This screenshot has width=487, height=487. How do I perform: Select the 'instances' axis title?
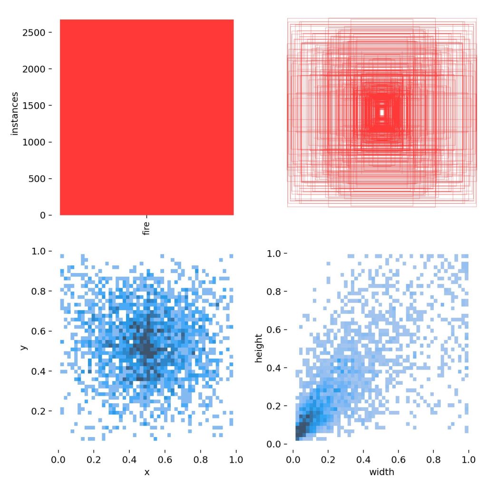pyautogui.click(x=15, y=113)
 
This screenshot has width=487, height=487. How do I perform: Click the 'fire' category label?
pyautogui.click(x=146, y=227)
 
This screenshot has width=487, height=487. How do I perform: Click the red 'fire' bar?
pyautogui.click(x=146, y=117)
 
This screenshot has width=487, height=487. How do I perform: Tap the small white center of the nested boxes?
pyautogui.click(x=382, y=113)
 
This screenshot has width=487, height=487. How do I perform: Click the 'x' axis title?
pyautogui.click(x=146, y=472)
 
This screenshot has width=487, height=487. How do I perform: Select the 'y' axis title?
pyautogui.click(x=22, y=347)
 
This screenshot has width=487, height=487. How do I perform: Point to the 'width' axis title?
pyautogui.click(x=381, y=472)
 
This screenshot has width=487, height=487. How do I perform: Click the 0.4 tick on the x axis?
pyautogui.click(x=129, y=460)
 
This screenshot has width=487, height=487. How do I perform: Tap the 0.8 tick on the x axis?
pyautogui.click(x=200, y=460)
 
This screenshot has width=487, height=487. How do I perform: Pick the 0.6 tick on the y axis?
pyautogui.click(x=42, y=331)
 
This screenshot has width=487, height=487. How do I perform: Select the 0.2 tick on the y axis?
pyautogui.click(x=42, y=411)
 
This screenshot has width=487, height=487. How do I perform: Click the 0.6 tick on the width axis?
pyautogui.click(x=399, y=460)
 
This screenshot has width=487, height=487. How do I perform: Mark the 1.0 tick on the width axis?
pyautogui.click(x=469, y=460)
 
